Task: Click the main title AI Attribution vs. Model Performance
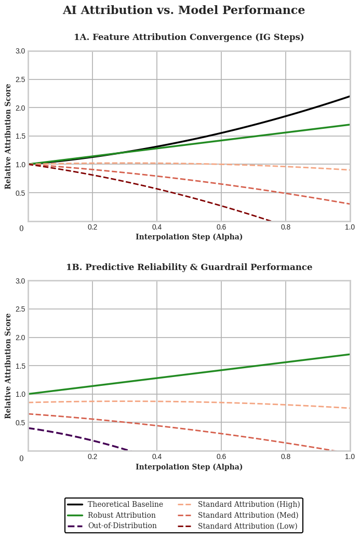click(183, 10)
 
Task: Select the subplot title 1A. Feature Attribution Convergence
click(189, 37)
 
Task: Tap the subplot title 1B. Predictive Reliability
click(189, 267)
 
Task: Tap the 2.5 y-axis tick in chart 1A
click(20, 79)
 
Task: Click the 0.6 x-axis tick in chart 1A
click(221, 227)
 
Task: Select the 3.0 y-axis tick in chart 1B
click(20, 281)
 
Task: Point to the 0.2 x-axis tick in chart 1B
click(92, 456)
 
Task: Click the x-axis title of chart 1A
click(189, 237)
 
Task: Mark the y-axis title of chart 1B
click(8, 366)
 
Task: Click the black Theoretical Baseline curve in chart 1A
click(286, 115)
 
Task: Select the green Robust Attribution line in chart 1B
click(221, 370)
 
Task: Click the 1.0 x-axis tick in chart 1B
click(350, 456)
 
